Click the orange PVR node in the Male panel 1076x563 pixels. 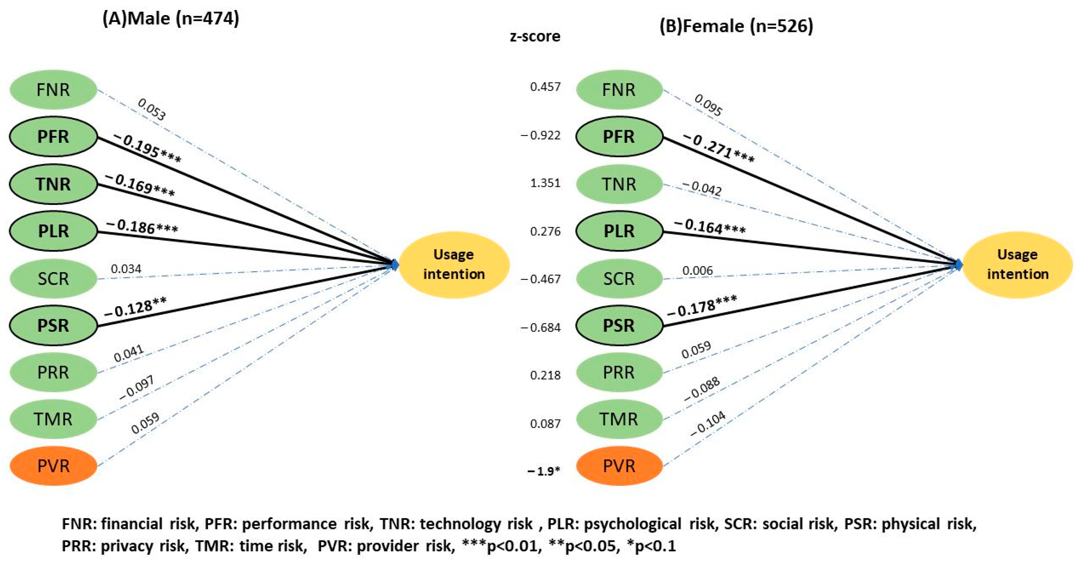tap(53, 466)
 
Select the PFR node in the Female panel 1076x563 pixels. tap(619, 137)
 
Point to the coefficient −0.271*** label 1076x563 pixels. tap(719, 149)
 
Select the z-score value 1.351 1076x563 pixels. tap(545, 183)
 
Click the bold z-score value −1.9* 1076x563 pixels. tap(543, 471)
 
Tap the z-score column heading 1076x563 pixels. tap(535, 36)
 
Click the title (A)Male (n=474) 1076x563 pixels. tap(171, 19)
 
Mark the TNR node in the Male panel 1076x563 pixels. tap(53, 184)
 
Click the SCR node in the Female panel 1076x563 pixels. tap(619, 278)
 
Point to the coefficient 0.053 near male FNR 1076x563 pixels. tap(151, 109)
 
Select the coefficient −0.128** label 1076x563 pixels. tap(135, 308)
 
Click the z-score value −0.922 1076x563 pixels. tap(541, 135)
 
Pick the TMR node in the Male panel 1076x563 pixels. tap(53, 419)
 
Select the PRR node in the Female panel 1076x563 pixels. tap(619, 372)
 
